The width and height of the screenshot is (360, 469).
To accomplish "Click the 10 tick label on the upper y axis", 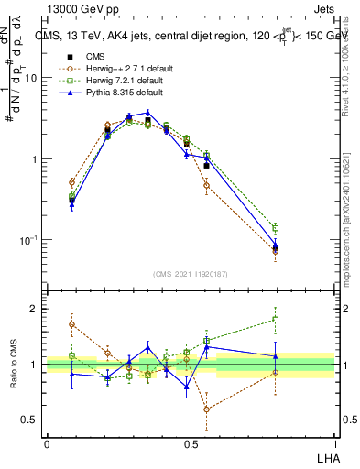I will [x=31, y=78].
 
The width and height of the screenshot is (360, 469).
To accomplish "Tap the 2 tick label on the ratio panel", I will [x=35, y=309].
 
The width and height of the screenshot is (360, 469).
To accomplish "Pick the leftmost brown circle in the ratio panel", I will [x=71, y=324].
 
